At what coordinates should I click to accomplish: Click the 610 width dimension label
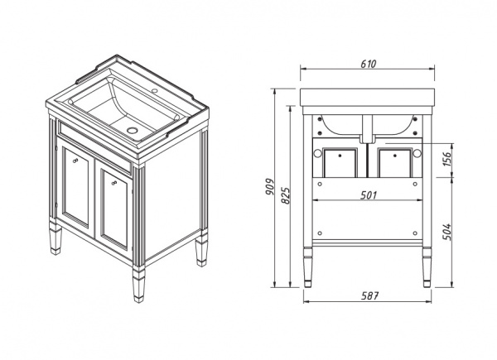[369, 64]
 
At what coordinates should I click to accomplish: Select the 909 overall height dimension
[269, 187]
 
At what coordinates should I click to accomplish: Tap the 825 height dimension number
[286, 195]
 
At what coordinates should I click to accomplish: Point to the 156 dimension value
[446, 159]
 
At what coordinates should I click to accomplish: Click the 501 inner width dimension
[369, 195]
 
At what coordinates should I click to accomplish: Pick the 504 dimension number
[446, 232]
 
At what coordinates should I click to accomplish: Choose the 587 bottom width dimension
[370, 295]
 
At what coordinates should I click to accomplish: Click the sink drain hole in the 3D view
[132, 130]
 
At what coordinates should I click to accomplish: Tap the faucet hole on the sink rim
[154, 91]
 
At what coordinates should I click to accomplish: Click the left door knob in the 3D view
[75, 161]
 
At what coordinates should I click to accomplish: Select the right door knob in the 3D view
[114, 183]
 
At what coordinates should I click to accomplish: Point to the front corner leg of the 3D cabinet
[138, 284]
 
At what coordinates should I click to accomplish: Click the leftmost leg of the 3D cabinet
[55, 238]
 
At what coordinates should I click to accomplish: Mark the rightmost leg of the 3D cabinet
[201, 249]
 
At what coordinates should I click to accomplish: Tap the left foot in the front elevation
[307, 267]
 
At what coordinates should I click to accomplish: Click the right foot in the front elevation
[427, 267]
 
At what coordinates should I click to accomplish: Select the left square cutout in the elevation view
[340, 163]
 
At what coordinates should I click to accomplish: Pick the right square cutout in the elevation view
[395, 163]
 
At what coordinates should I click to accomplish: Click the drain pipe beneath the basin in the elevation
[368, 129]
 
